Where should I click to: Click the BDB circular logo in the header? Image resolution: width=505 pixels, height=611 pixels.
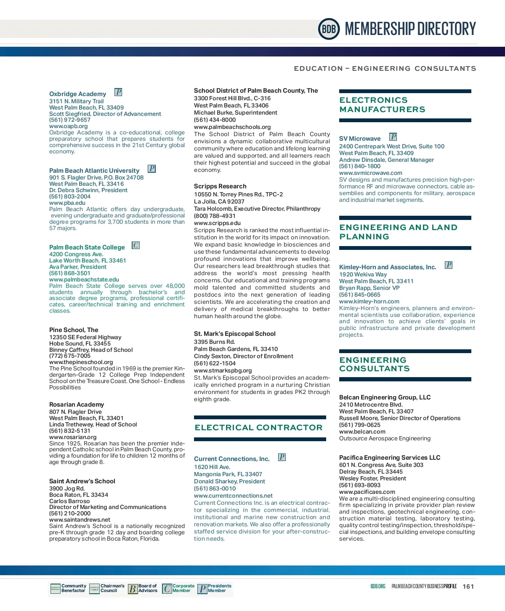[329, 29]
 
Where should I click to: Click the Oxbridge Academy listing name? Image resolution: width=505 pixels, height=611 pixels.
[77, 94]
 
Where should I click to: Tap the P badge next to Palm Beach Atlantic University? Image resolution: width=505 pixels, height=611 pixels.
[152, 169]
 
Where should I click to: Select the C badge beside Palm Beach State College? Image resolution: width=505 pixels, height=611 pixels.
[136, 245]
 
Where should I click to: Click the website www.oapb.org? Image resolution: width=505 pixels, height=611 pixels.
[69, 126]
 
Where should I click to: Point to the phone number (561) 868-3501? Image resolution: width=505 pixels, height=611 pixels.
[70, 273]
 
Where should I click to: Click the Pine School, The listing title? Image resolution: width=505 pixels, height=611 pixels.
[74, 330]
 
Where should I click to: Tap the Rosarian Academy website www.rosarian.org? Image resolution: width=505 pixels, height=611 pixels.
[73, 437]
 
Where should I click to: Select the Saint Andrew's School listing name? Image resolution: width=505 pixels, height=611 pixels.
[82, 481]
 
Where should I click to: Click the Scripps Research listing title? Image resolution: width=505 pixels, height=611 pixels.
[220, 186]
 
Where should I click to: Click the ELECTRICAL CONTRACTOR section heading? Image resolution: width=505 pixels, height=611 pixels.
[258, 428]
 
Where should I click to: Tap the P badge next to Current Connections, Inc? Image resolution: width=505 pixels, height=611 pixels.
[282, 457]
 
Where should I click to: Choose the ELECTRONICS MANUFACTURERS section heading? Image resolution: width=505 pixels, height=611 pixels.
[382, 105]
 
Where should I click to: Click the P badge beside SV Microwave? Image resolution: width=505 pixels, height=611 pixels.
[393, 137]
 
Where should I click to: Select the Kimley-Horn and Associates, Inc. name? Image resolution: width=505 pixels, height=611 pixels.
[388, 267]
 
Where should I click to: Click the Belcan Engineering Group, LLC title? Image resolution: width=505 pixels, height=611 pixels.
[385, 397]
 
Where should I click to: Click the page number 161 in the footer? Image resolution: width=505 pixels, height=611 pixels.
[468, 587]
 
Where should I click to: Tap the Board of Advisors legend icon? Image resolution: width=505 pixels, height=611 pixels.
[133, 589]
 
